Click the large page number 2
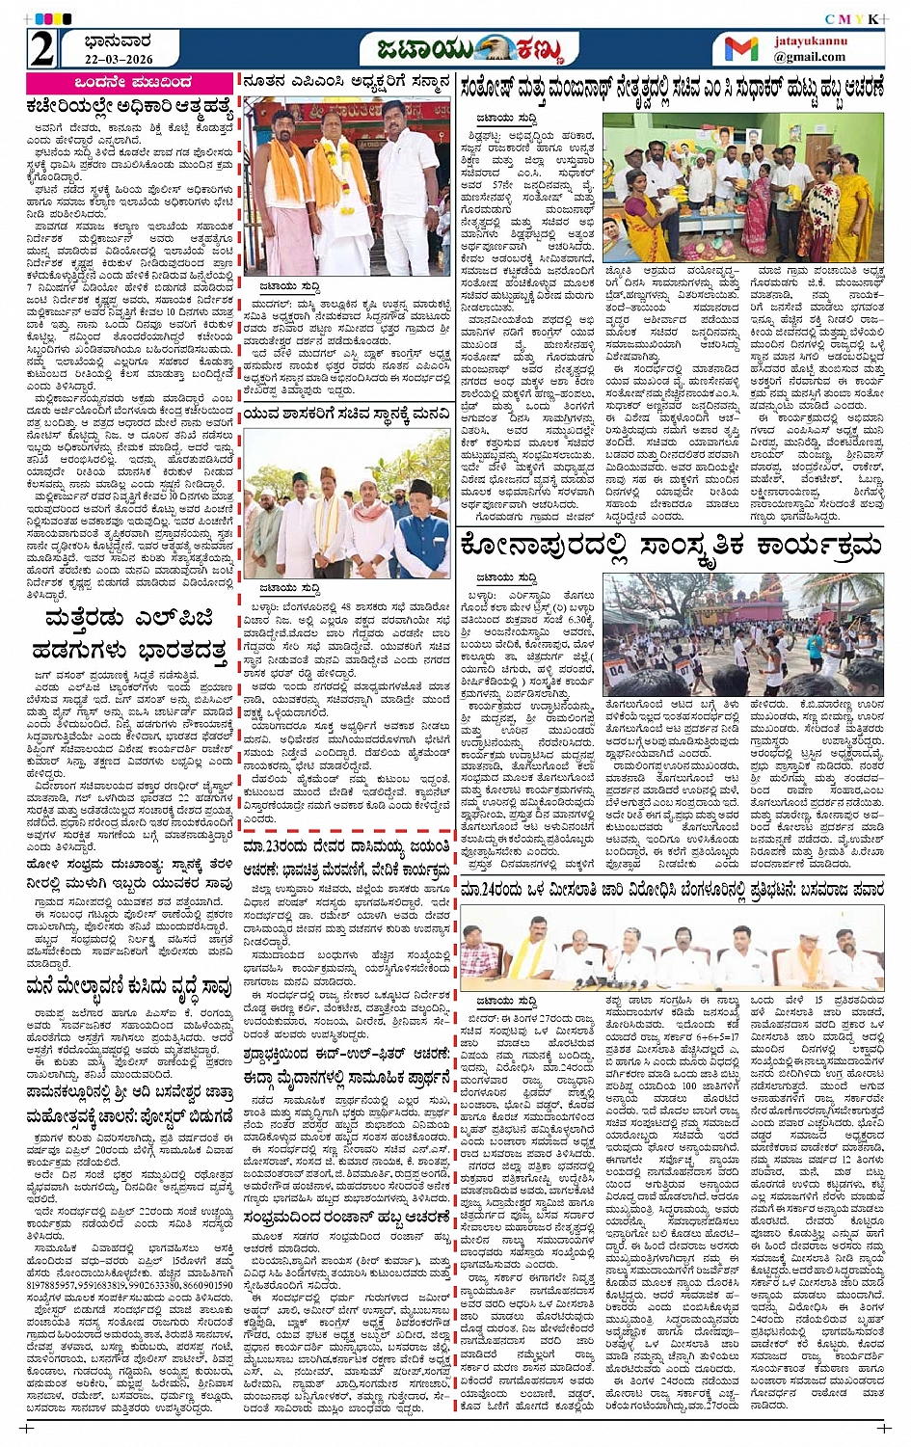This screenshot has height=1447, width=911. tap(40, 47)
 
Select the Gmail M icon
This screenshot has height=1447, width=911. tap(740, 48)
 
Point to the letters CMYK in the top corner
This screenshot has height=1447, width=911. tap(851, 19)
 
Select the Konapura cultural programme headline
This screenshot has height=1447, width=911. tap(672, 548)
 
